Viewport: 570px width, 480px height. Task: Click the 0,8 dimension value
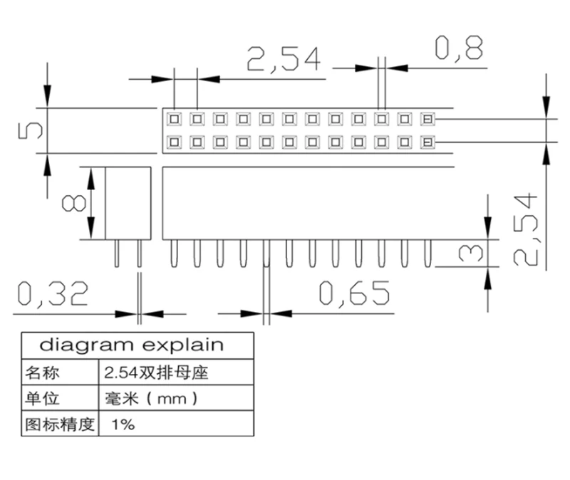(459, 48)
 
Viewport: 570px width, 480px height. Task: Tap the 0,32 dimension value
(53, 293)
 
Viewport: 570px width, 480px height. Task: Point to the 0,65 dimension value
(354, 293)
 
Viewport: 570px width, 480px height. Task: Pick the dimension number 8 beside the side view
(71, 204)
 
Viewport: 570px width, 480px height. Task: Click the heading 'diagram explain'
(131, 345)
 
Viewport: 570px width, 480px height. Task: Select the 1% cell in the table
(123, 425)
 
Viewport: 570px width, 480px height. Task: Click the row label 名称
(43, 372)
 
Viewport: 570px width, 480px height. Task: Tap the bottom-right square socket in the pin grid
(427, 142)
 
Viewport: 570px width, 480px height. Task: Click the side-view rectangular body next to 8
(128, 203)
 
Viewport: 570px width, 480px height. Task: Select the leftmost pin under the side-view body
(116, 253)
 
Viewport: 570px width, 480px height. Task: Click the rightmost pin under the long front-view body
(427, 253)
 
